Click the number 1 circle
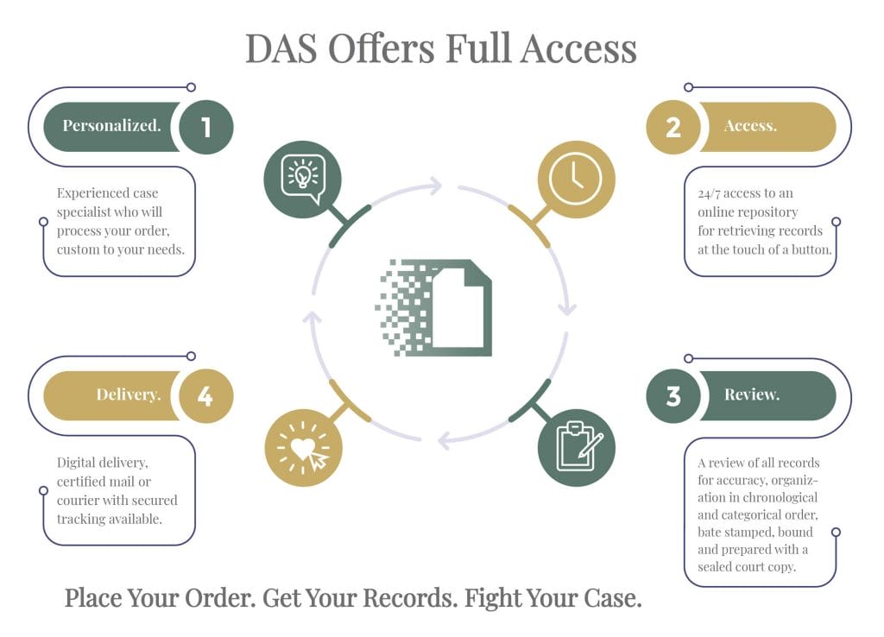point(206,127)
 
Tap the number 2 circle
point(673,127)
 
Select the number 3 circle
point(673,395)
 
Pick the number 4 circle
point(206,395)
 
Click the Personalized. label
point(111,126)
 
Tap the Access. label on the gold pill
point(750,126)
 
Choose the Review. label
point(752,394)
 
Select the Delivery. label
point(129,394)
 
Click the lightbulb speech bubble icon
point(303,180)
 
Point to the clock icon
point(576,180)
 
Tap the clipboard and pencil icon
point(576,448)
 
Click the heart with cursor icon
point(304,448)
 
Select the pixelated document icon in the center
point(433,308)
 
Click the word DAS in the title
point(281,48)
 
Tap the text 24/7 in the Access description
point(709,194)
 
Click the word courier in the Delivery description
point(77,501)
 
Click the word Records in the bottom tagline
point(410,598)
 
